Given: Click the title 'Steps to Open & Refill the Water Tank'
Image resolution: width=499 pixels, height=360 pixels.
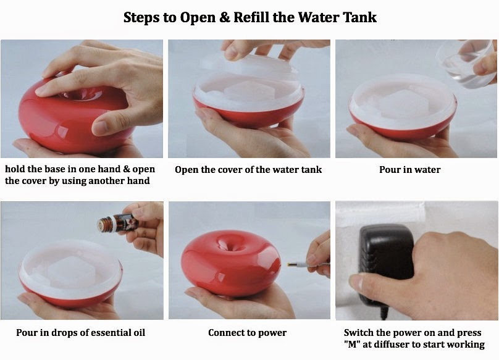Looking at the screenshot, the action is tap(250, 17).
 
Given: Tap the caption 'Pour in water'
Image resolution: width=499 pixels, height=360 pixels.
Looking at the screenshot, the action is tap(409, 170).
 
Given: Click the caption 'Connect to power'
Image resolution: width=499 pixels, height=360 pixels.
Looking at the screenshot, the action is tap(247, 333).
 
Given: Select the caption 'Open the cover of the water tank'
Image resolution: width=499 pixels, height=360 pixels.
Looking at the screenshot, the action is tap(248, 170).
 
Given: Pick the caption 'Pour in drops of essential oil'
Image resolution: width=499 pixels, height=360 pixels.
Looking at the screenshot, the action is tap(80, 333).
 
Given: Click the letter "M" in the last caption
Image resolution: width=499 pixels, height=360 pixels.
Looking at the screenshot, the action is tap(352, 345).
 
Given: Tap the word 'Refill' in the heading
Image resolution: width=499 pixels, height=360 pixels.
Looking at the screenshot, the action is tap(251, 17).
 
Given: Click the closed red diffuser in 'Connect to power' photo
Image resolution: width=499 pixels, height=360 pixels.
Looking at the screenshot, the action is tap(232, 263).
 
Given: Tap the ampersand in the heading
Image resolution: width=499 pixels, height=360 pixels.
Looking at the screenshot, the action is tap(224, 17).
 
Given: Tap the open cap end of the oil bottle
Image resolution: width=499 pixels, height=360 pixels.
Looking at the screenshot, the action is tap(101, 224).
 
